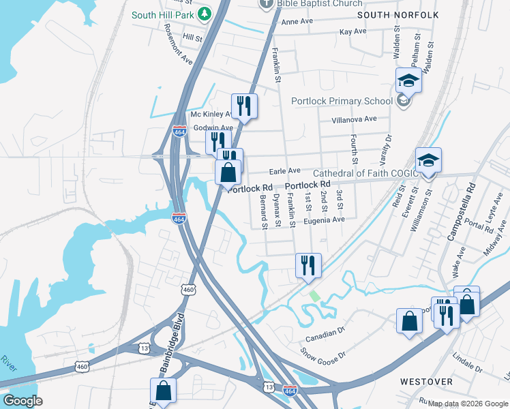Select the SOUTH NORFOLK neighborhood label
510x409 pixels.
pyautogui.click(x=397, y=14)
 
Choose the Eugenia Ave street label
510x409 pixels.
pyautogui.click(x=325, y=219)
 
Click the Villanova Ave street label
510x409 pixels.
pyautogui.click(x=354, y=119)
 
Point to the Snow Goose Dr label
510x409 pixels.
pyautogui.click(x=325, y=354)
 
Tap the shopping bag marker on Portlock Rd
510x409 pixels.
pyautogui.click(x=228, y=172)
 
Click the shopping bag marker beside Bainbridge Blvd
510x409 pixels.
pyautogui.click(x=163, y=391)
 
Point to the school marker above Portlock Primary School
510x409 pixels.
pyautogui.click(x=408, y=80)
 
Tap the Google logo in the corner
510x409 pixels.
pyautogui.click(x=22, y=401)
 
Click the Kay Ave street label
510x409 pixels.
pyautogui.click(x=352, y=31)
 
